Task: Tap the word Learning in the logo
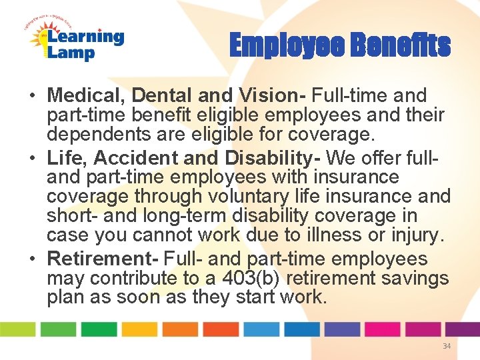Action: click(84, 37)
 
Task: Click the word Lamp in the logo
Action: click(71, 54)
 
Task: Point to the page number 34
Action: click(447, 347)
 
